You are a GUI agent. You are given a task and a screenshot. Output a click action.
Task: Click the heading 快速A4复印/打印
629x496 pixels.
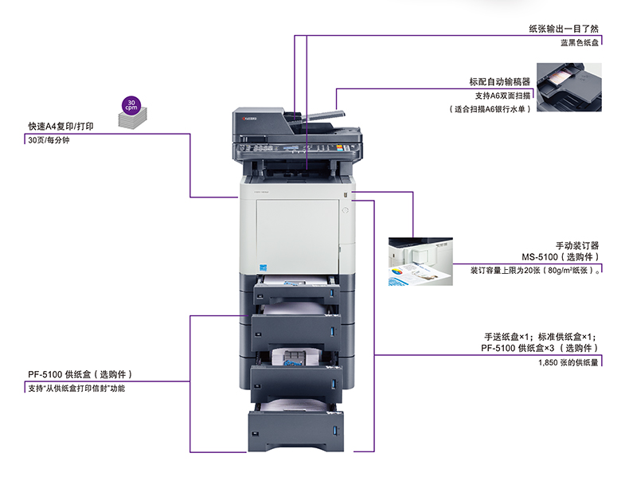point(61,126)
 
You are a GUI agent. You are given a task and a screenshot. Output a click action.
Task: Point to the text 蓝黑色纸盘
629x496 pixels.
point(579,43)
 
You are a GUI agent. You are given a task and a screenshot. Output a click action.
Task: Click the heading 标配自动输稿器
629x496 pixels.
point(500,82)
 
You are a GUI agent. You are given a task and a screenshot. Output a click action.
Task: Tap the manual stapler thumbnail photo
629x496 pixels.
point(419,261)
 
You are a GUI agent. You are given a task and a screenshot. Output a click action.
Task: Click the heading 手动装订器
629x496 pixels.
point(576,245)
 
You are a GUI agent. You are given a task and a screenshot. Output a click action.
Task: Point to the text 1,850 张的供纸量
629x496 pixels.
point(567,363)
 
